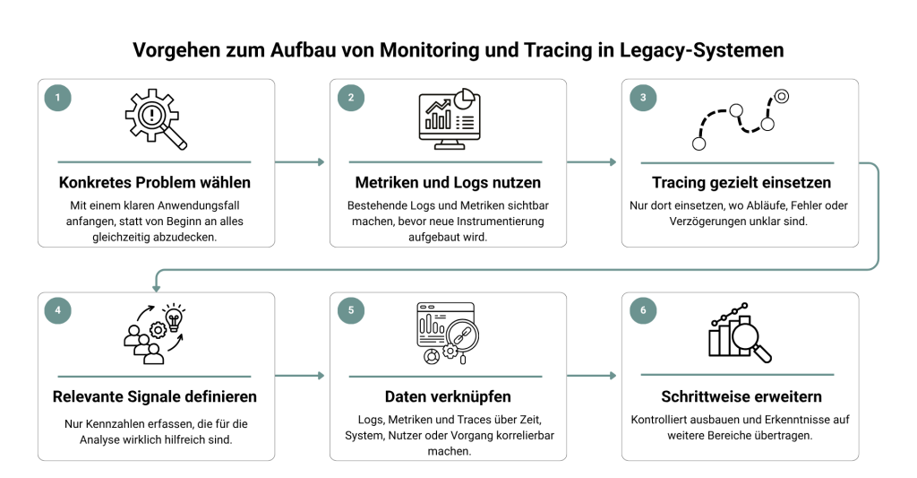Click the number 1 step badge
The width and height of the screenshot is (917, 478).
[x=58, y=98]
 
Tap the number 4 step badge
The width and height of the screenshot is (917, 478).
[x=58, y=310]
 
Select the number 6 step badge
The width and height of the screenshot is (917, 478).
[x=643, y=310]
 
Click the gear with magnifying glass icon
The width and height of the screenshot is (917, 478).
[x=156, y=119]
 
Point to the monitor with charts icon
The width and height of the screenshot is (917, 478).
[x=450, y=119]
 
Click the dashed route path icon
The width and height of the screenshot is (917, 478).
[x=741, y=119]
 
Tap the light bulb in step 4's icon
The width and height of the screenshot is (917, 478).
[x=174, y=318]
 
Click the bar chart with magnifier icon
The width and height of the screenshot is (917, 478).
[x=741, y=332]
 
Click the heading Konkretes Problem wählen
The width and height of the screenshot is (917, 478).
[x=154, y=183]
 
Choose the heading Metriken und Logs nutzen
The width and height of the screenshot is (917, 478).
[x=448, y=183]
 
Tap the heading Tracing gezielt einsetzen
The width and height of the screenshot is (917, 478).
[x=741, y=183]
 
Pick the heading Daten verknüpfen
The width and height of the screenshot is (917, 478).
[x=448, y=396]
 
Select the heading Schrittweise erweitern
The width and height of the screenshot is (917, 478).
[x=741, y=396]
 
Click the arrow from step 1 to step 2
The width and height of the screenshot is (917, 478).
[x=299, y=161]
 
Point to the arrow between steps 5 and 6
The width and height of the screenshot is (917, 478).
[x=592, y=376]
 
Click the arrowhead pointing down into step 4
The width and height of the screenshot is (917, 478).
[x=156, y=288]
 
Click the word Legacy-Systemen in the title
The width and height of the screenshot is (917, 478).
[x=702, y=50]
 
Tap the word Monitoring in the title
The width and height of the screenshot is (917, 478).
[x=429, y=50]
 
